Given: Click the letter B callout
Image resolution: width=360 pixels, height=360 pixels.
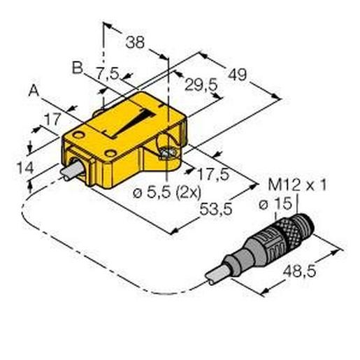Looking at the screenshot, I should click(77, 67).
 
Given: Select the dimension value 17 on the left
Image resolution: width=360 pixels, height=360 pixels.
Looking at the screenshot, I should click(51, 120).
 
